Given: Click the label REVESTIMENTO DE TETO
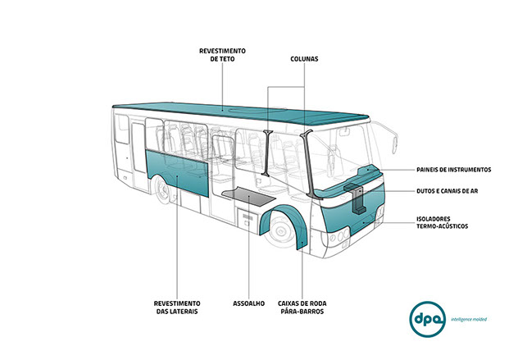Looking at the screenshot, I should point(222,55).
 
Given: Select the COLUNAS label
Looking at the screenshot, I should point(304,59).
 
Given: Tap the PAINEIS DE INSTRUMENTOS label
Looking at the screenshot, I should point(452,170).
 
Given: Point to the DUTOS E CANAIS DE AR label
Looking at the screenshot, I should point(448,191).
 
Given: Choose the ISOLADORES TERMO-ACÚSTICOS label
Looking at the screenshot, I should point(442,222).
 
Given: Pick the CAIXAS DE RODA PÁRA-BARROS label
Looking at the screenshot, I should point(302,307).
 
